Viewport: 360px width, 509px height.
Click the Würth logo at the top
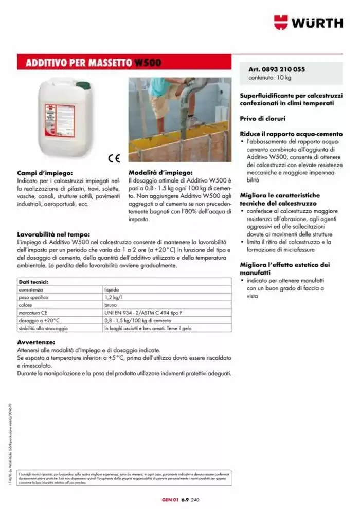308,23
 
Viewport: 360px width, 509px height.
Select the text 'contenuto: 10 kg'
270,78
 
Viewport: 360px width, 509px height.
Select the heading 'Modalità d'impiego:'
160,173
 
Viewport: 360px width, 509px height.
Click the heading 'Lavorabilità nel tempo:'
54,234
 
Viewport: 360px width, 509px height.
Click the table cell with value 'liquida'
112,290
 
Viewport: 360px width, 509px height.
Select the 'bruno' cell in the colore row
111,305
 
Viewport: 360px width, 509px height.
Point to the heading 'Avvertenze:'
37,341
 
